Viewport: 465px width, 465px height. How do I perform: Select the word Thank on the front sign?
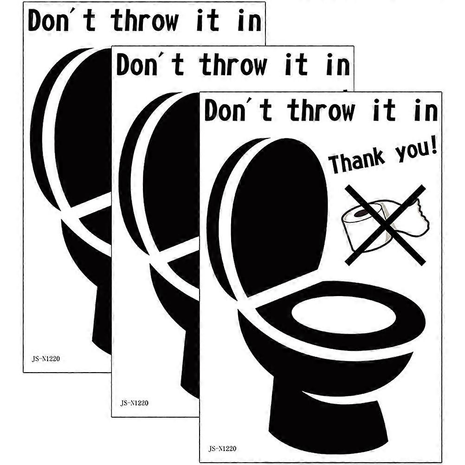357,162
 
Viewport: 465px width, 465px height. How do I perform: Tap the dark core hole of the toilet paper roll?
363,213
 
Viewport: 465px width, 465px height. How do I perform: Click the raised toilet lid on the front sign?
279,216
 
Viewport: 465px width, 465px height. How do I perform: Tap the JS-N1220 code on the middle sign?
134,403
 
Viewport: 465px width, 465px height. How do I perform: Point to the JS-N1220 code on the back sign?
46,359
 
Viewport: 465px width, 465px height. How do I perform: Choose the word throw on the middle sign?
233,65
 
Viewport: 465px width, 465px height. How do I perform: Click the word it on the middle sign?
296,65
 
